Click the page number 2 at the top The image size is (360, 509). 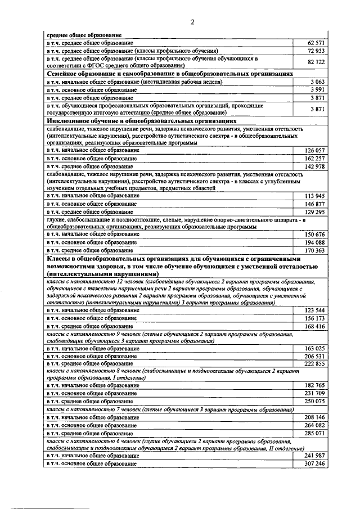192,22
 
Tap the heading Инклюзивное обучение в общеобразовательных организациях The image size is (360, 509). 141,120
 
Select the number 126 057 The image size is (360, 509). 315,151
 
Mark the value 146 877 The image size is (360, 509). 315,204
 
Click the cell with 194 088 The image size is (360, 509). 315,242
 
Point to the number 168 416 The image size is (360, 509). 315,326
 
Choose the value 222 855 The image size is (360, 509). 315,364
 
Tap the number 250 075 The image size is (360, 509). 315,402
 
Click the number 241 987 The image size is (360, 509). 315,456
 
